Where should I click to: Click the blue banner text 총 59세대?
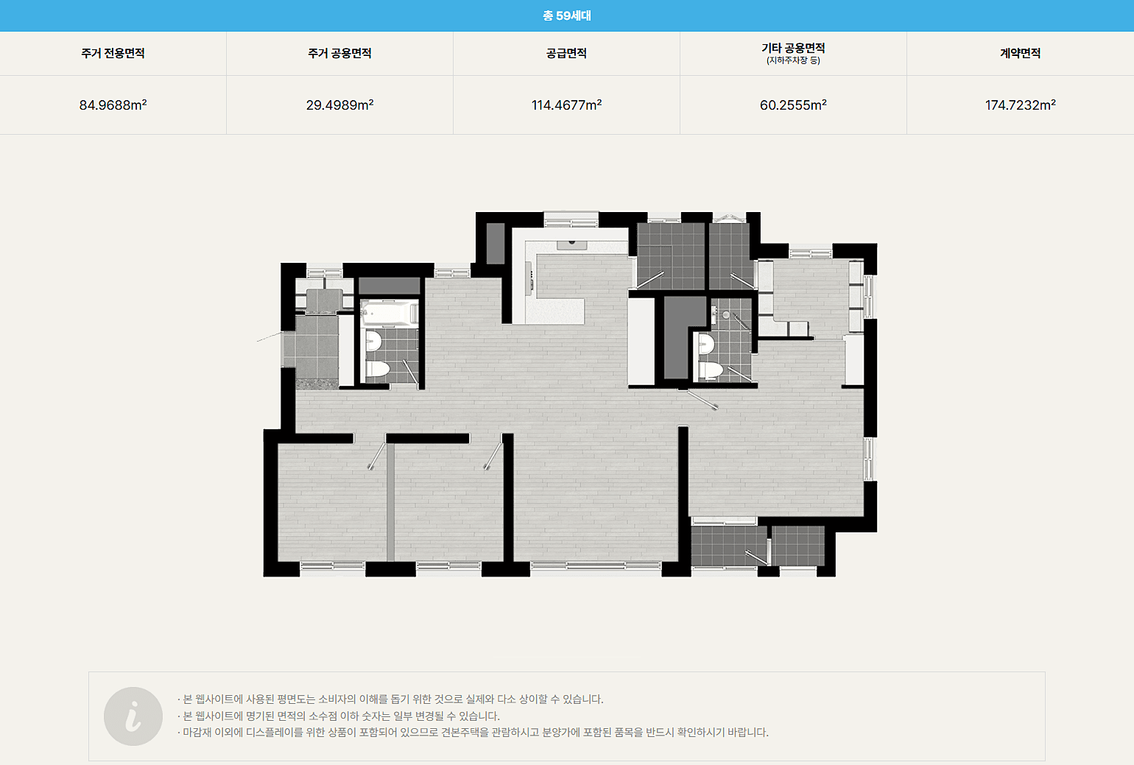coord(566,15)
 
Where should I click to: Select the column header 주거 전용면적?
coord(113,53)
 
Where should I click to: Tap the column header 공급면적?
coord(566,53)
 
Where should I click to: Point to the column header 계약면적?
coord(1020,53)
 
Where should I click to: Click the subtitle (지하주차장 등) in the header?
coord(793,61)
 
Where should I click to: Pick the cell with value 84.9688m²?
coord(113,105)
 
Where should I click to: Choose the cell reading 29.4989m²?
coord(339,105)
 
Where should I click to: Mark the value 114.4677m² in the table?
coord(566,105)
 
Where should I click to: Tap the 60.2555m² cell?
coord(793,105)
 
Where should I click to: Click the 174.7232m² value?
coord(1020,105)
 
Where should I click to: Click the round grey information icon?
coord(133,716)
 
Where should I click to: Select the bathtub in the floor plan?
coord(390,312)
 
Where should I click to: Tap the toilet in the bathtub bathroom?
coord(378,369)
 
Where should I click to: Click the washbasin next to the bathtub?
coord(373,341)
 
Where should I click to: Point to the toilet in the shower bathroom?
coord(711,370)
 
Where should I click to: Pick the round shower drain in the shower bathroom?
coord(726,315)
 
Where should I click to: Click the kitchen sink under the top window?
coord(572,245)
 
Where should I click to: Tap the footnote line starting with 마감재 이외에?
coord(473,732)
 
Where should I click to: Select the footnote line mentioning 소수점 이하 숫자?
coord(338,716)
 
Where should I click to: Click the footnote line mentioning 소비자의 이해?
coord(390,699)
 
